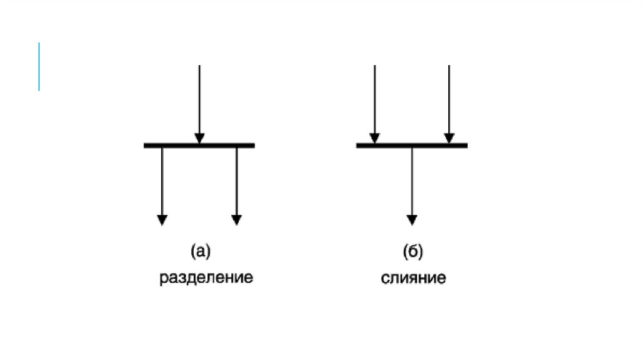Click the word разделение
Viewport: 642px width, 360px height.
[x=206, y=277]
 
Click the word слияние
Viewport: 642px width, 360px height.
[x=413, y=277]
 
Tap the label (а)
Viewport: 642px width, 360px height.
[x=200, y=252]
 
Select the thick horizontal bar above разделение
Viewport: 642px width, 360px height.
[x=199, y=146]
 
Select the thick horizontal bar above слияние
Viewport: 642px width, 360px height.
[x=412, y=146]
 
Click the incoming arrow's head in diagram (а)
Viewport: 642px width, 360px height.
[x=199, y=138]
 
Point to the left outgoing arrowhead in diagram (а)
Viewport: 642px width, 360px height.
[x=162, y=220]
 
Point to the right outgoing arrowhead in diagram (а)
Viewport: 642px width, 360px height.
[x=236, y=220]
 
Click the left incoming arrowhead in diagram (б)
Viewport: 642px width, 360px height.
[x=374, y=138]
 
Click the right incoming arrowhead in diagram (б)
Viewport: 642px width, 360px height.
[x=449, y=138]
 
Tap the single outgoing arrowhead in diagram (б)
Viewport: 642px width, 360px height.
[x=412, y=220]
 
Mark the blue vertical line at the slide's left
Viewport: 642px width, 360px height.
[x=39, y=66]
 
